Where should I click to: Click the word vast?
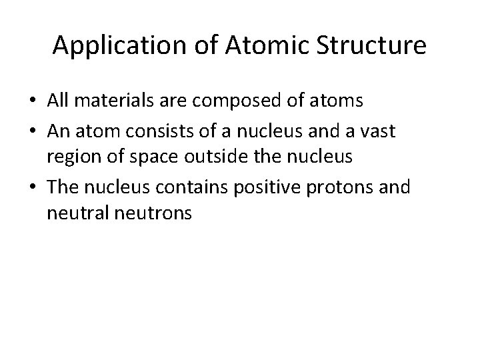(378, 132)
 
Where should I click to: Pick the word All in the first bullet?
(57, 101)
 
